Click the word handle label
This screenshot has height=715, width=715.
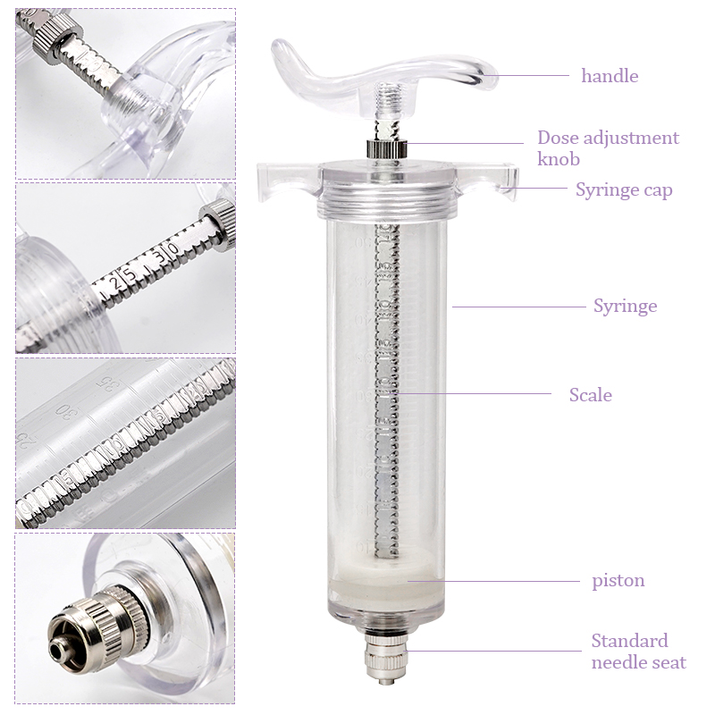coord(610,76)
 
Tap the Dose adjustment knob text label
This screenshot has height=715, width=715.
coord(608,148)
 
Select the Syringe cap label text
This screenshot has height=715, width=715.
coord(624,189)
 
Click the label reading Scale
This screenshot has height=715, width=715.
coord(591,394)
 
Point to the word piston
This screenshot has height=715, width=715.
coord(618,580)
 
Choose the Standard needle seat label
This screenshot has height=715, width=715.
coord(638,652)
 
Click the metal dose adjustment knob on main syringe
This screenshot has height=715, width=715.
coord(385,148)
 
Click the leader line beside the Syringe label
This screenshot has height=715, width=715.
coord(518,307)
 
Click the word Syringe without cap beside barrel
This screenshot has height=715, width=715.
coord(625,306)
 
